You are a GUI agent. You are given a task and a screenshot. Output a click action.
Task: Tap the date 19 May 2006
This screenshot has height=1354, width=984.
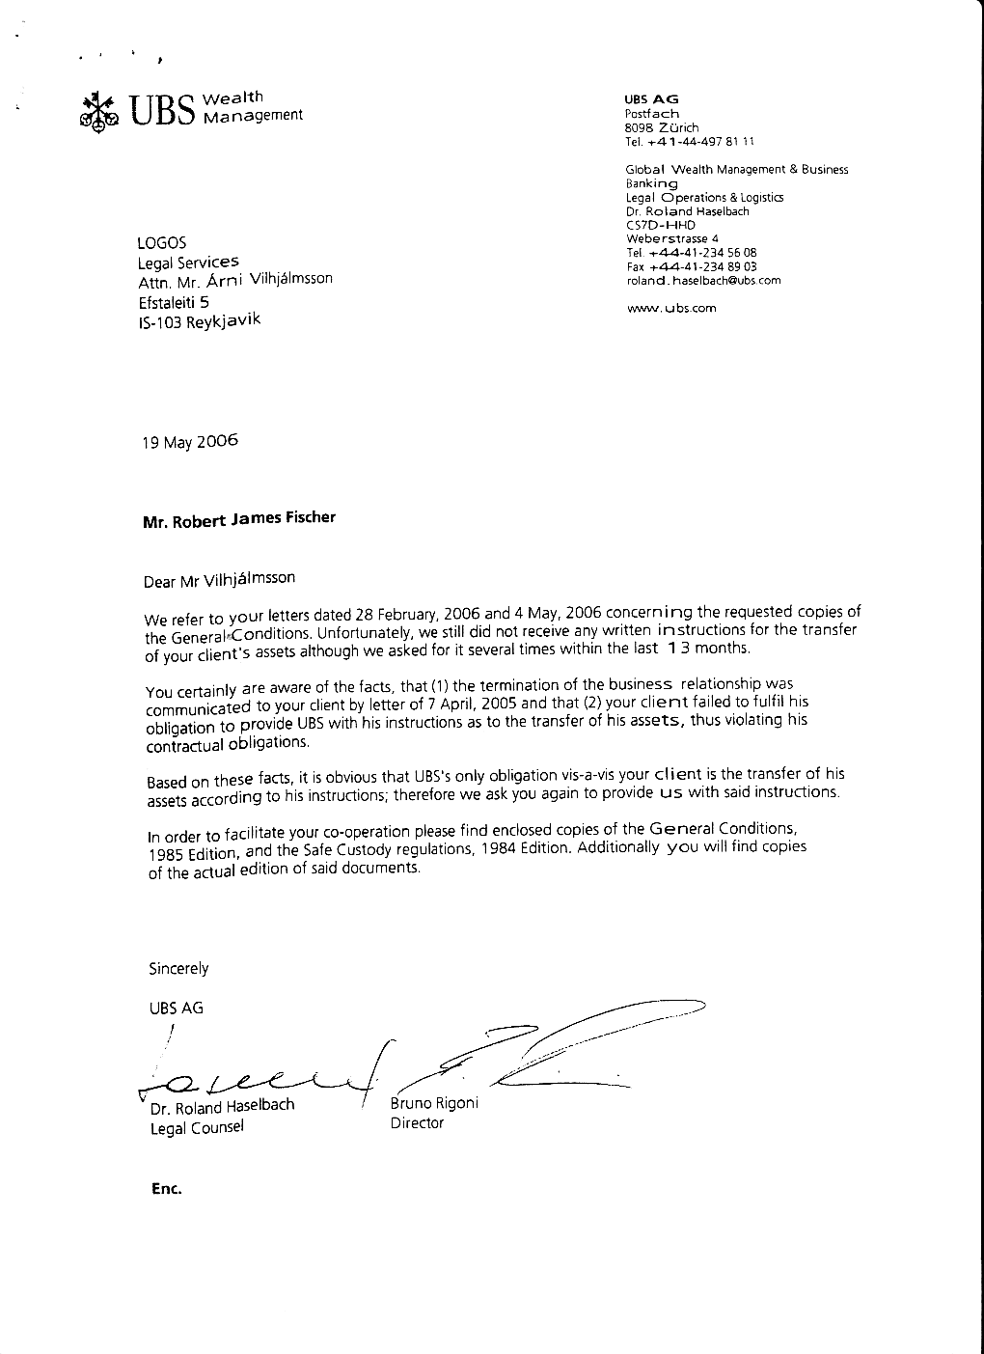coord(190,442)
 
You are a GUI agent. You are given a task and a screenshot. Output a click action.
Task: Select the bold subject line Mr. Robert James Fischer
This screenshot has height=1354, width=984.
coord(239,519)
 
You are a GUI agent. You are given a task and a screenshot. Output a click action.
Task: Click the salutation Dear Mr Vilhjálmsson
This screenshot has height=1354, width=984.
coord(219,580)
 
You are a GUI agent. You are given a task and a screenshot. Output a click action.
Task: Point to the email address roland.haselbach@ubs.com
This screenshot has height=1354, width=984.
coord(703,280)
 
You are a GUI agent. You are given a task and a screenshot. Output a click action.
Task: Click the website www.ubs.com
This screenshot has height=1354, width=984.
coord(671,308)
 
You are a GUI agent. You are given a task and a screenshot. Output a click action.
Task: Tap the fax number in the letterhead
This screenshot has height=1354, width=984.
coord(692,266)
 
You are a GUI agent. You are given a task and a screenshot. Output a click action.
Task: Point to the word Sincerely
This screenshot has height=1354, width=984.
coord(178,968)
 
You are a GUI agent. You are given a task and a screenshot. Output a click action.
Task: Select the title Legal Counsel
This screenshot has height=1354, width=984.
coord(197,1127)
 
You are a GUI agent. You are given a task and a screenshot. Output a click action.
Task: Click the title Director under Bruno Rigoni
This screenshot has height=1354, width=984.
coord(417,1123)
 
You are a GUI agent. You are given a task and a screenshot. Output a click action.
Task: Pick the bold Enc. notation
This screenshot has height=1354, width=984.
coord(167,1189)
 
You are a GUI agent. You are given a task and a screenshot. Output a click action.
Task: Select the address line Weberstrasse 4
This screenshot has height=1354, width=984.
coord(672,238)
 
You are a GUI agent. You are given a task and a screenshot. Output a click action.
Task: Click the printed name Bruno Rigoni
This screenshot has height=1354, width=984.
coord(434,1103)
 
